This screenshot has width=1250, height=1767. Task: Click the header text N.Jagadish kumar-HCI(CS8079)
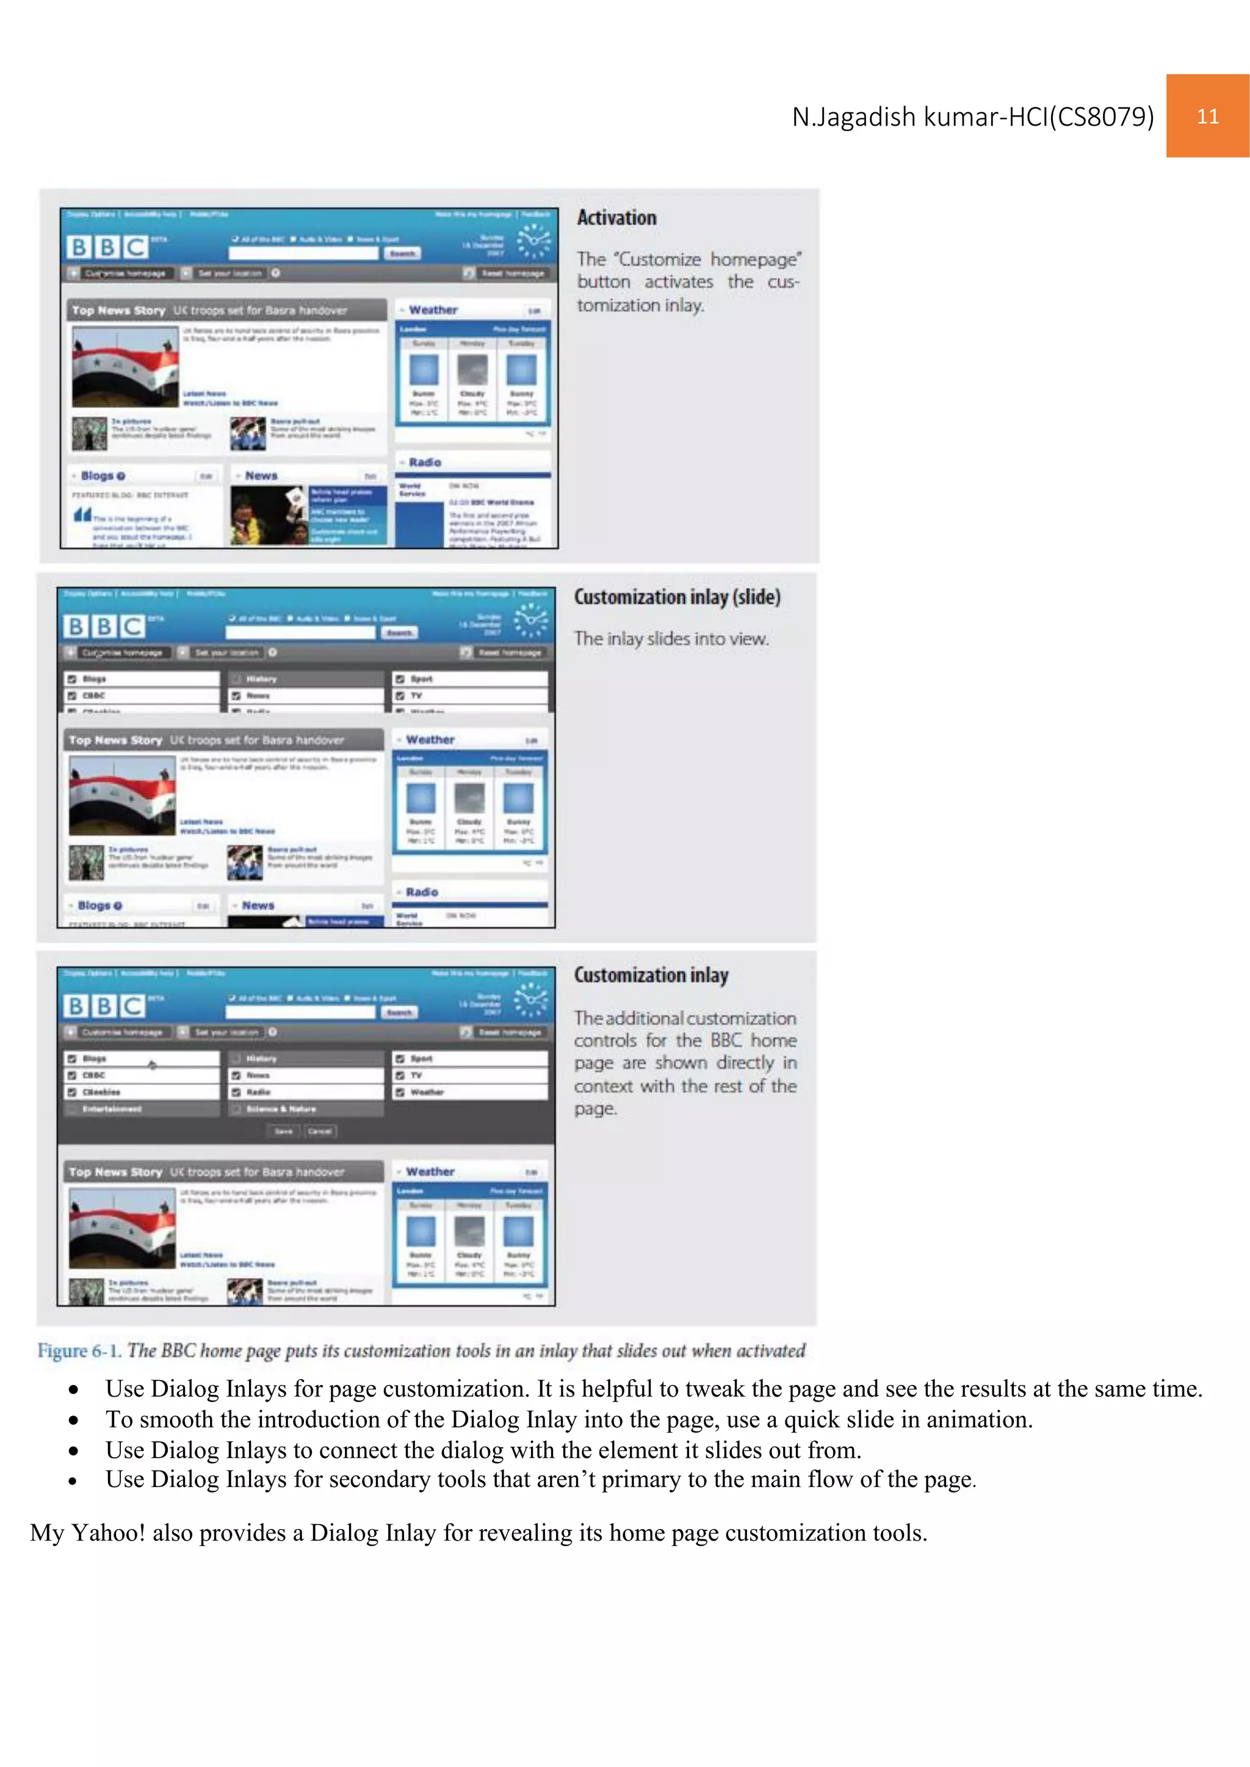point(973,117)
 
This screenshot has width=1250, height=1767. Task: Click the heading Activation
point(616,218)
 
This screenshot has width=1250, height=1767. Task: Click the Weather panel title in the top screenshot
point(433,310)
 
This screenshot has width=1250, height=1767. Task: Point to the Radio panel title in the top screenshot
point(425,462)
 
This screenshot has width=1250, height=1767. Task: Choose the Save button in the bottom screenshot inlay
point(283,1131)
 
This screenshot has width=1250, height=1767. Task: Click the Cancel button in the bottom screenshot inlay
point(319,1131)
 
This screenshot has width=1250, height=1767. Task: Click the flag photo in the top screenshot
point(125,366)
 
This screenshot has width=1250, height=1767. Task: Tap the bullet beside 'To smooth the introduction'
point(74,1420)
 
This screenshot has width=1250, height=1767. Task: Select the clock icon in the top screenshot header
point(533,241)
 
